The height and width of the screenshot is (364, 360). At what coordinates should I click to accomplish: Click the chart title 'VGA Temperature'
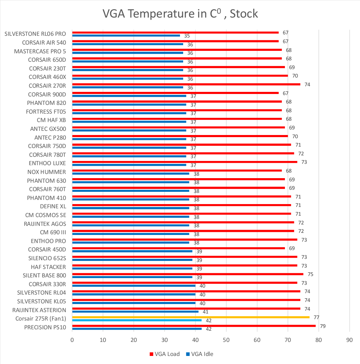coord(180,14)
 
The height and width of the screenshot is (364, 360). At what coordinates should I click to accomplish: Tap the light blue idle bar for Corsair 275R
coord(137,320)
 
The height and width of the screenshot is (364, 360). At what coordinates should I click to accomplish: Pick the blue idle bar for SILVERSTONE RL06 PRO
coord(126,35)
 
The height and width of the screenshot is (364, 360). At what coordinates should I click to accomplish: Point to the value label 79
coord(323,326)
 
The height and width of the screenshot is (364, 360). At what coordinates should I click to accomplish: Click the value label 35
coord(187,36)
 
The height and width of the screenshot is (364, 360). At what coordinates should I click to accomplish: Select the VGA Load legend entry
coord(165,354)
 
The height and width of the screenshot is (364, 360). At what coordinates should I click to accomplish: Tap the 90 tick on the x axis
coord(349,339)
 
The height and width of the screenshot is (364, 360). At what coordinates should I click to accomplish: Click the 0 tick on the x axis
coord(72,339)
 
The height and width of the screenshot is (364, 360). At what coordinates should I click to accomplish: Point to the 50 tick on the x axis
coord(226,339)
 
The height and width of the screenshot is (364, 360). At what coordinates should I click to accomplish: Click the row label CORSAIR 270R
coord(47,86)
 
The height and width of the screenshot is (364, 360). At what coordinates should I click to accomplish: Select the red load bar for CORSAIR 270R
coord(186,84)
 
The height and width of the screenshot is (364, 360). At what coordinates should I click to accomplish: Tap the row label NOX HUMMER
coord(46,172)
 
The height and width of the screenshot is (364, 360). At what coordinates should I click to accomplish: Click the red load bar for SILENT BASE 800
coord(188,274)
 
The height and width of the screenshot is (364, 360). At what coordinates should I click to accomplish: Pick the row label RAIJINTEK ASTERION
coord(39,310)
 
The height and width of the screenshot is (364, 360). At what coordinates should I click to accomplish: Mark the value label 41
coord(206,312)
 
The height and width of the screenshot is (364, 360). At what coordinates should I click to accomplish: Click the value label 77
coord(316,317)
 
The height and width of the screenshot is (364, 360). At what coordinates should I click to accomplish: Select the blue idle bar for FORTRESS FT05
coord(129,113)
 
